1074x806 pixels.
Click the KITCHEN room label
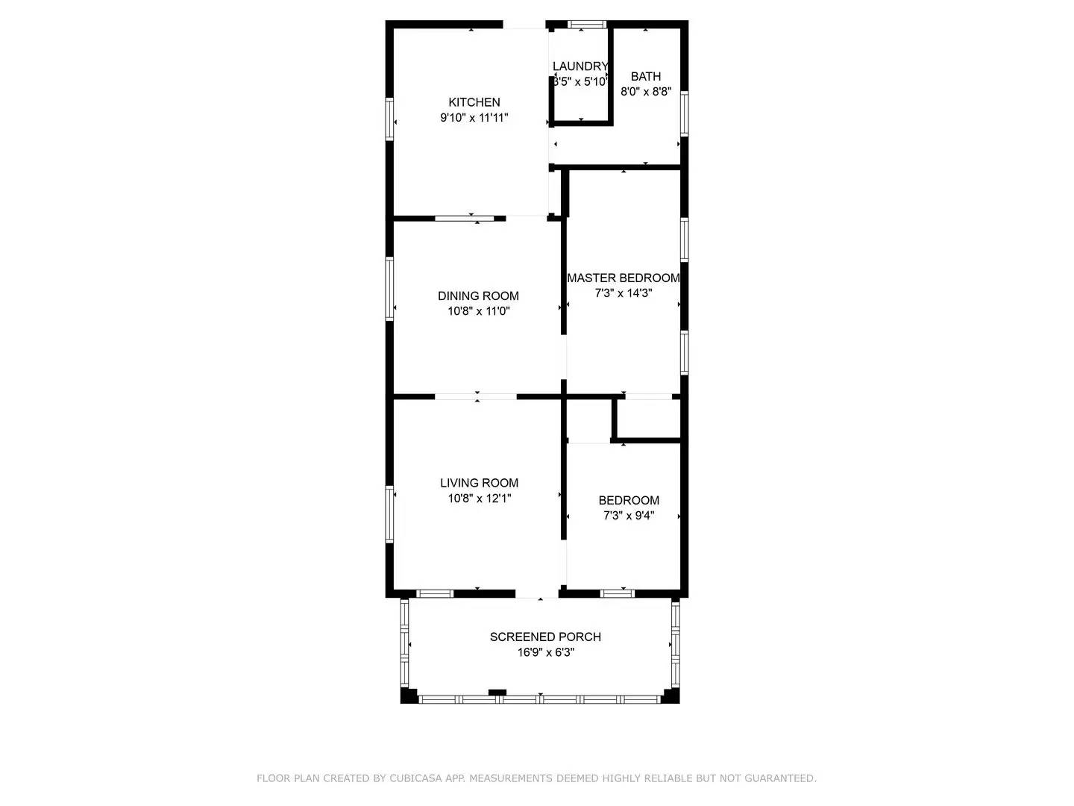(x=474, y=102)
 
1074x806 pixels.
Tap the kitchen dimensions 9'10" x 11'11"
(x=474, y=118)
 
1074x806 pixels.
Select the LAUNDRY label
(x=580, y=66)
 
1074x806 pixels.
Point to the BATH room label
(x=646, y=76)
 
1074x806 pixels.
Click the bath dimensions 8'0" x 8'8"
(x=646, y=92)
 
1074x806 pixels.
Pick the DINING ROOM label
(x=478, y=296)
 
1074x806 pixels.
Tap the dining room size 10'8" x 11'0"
(x=478, y=311)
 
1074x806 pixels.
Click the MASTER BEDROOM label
(x=624, y=278)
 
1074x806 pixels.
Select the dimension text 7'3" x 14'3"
(x=624, y=293)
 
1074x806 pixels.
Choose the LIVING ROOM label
(x=479, y=483)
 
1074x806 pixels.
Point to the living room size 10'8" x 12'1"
(x=479, y=499)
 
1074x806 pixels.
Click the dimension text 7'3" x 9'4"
(x=629, y=516)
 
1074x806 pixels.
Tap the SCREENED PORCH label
(x=545, y=637)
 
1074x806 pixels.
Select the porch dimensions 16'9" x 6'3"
(x=545, y=652)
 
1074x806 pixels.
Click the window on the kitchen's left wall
(x=389, y=119)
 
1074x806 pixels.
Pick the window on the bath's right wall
(x=684, y=114)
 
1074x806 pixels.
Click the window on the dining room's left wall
(x=389, y=289)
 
